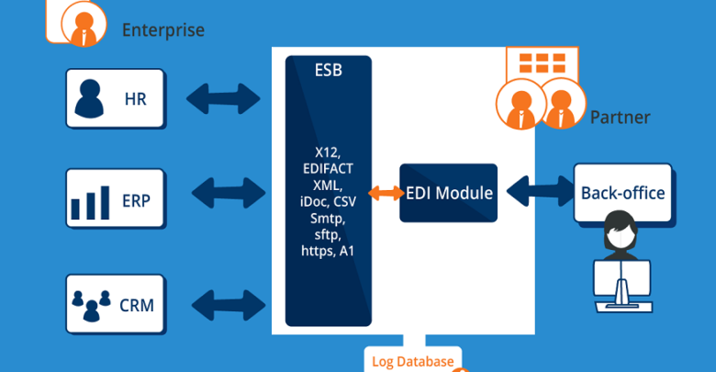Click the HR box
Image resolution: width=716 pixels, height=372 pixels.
coord(115,98)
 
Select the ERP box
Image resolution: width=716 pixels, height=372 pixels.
coord(115,198)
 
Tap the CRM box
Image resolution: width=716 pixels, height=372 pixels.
coord(115,304)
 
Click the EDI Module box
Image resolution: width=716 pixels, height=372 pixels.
coord(448,193)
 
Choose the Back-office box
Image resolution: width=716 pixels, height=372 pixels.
coord(623,193)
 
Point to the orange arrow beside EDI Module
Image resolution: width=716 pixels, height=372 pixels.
coord(386,193)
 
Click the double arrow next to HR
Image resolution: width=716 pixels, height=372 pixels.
coord(223,98)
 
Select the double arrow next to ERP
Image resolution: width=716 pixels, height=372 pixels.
coord(229,193)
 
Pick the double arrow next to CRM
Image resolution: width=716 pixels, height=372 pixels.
coord(229,305)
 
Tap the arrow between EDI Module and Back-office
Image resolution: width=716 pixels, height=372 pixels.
coord(540,191)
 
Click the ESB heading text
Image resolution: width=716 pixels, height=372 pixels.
coord(329,71)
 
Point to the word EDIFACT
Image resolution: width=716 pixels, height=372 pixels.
coord(328,169)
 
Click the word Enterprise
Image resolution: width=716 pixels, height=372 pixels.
coord(163,30)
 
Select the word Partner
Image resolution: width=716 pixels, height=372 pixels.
coord(620,118)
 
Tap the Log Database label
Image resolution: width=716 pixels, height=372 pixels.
coord(413,362)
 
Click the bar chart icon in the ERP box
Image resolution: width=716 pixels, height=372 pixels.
coord(90,203)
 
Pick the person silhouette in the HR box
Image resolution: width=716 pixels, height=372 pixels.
coord(89,98)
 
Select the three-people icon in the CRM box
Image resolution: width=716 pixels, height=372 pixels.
coord(91,305)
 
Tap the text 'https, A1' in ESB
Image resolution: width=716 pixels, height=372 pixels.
coord(328,251)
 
